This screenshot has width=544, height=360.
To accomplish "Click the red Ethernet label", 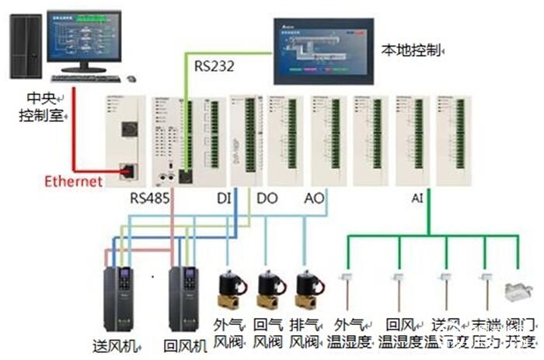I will pyautogui.click(x=73, y=181).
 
